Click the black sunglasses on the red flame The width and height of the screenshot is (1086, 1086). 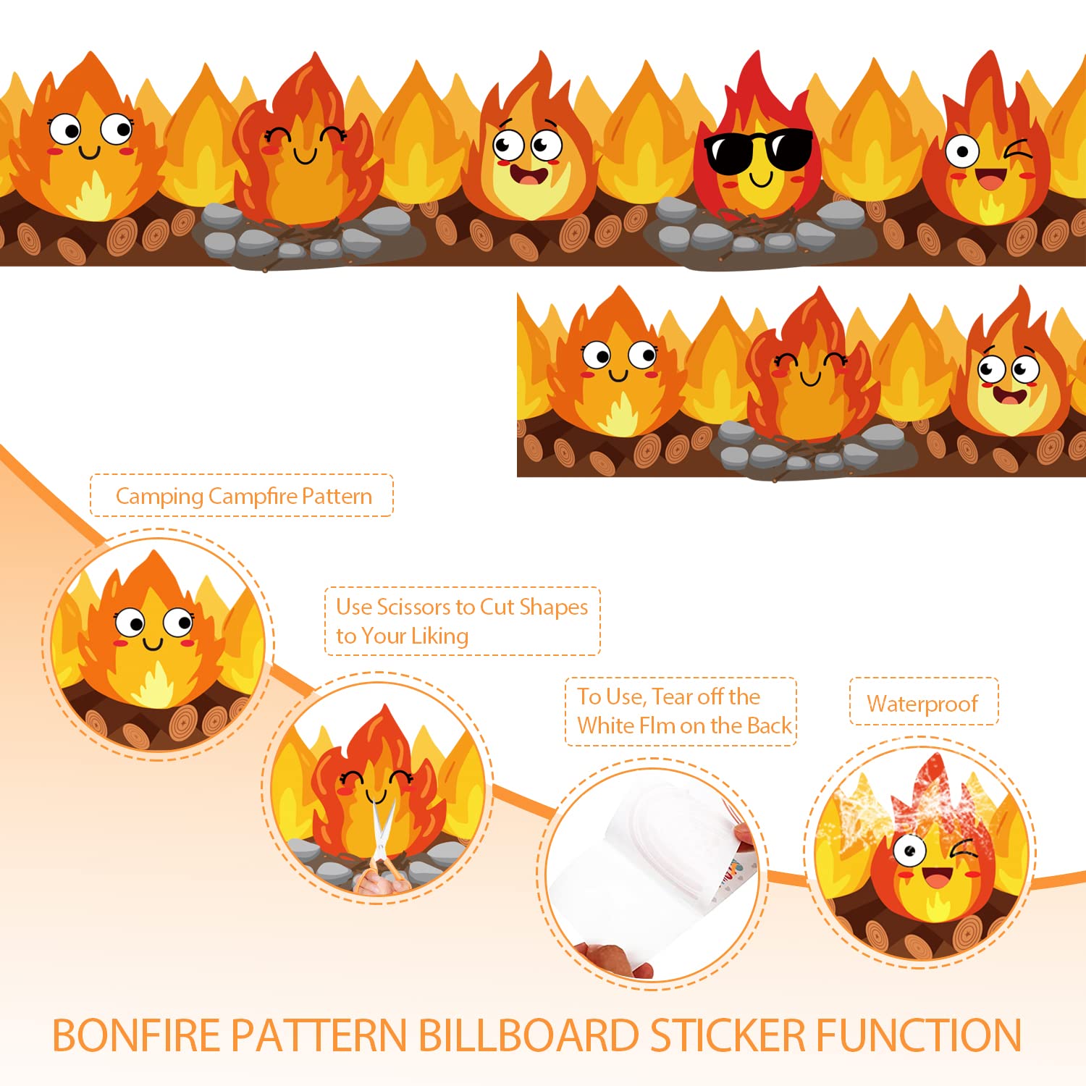758,151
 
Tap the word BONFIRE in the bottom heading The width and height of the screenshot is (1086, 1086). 136,1035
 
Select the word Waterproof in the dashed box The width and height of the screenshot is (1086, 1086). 922,704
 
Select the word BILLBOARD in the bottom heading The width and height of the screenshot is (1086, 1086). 529,1035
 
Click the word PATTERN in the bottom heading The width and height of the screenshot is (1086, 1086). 319,1035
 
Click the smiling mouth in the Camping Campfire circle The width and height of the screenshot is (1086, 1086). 153,643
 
